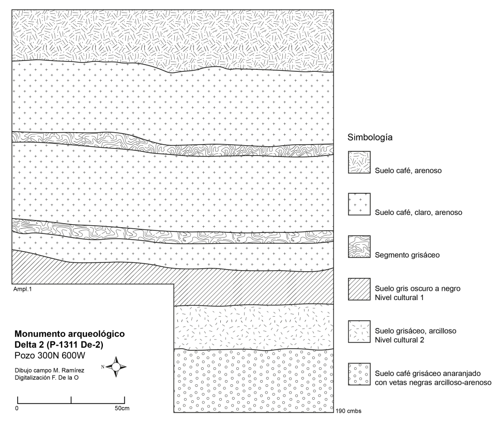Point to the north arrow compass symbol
[117, 366]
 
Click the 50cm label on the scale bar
[122, 408]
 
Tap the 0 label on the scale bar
[18, 408]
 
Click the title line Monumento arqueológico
[69, 334]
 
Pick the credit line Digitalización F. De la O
[48, 378]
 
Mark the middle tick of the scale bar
[71, 400]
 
